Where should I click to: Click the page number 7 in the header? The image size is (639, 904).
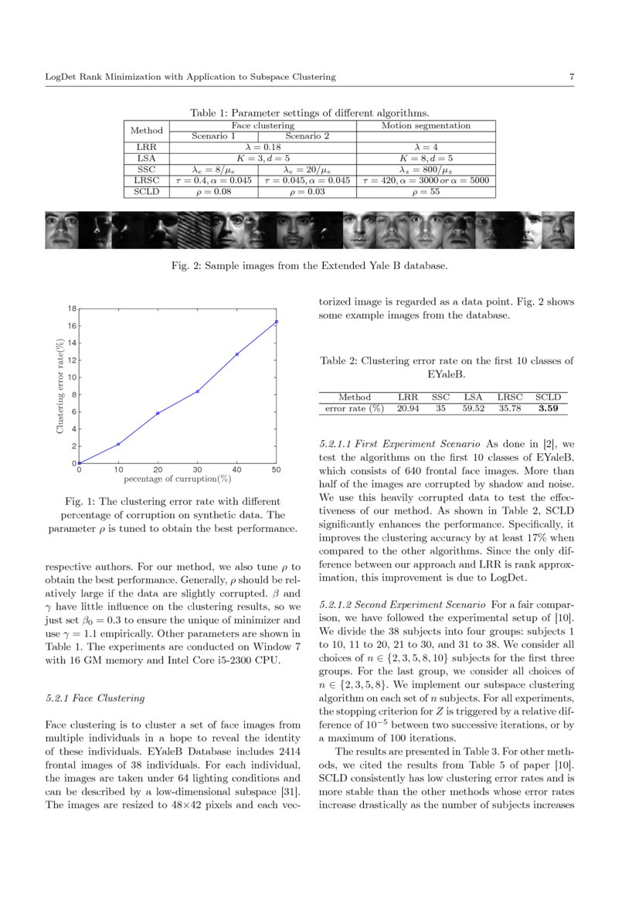(570, 77)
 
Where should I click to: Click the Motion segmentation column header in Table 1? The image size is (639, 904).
(426, 125)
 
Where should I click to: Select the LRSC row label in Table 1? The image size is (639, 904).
(146, 180)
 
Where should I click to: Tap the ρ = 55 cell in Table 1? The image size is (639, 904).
(426, 191)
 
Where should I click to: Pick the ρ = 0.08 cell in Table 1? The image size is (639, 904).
(213, 191)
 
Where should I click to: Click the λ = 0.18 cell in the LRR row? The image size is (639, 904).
(263, 146)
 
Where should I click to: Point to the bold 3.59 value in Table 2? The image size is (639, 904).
(549, 408)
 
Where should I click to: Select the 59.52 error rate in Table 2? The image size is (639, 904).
(473, 408)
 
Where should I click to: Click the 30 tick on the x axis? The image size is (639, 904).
(197, 470)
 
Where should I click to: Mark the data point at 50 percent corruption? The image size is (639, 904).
(277, 322)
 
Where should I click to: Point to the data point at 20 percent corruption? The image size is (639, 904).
(158, 413)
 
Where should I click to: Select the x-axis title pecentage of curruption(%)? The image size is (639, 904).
(178, 479)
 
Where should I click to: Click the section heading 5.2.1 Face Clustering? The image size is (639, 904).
(95, 698)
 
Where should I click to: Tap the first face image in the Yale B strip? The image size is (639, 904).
(61, 230)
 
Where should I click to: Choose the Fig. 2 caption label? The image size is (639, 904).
(182, 266)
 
